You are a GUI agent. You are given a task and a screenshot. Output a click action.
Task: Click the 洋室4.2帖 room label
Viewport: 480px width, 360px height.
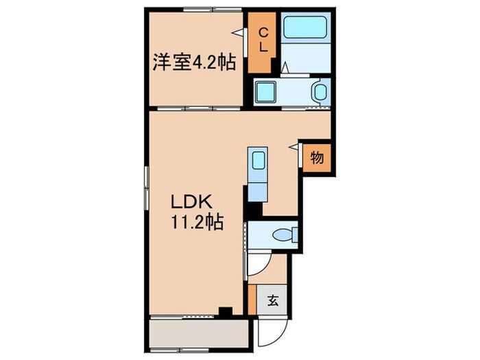click(x=194, y=63)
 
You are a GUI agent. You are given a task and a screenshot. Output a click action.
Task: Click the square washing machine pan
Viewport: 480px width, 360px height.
click(x=264, y=93)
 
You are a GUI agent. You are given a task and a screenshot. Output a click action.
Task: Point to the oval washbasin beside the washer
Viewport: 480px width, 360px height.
click(x=319, y=92)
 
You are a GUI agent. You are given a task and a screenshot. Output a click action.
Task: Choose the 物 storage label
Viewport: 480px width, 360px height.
click(x=317, y=158)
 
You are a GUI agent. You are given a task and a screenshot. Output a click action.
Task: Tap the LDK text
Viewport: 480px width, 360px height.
click(x=194, y=202)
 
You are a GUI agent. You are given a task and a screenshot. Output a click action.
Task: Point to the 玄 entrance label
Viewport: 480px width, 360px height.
click(x=272, y=300)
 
